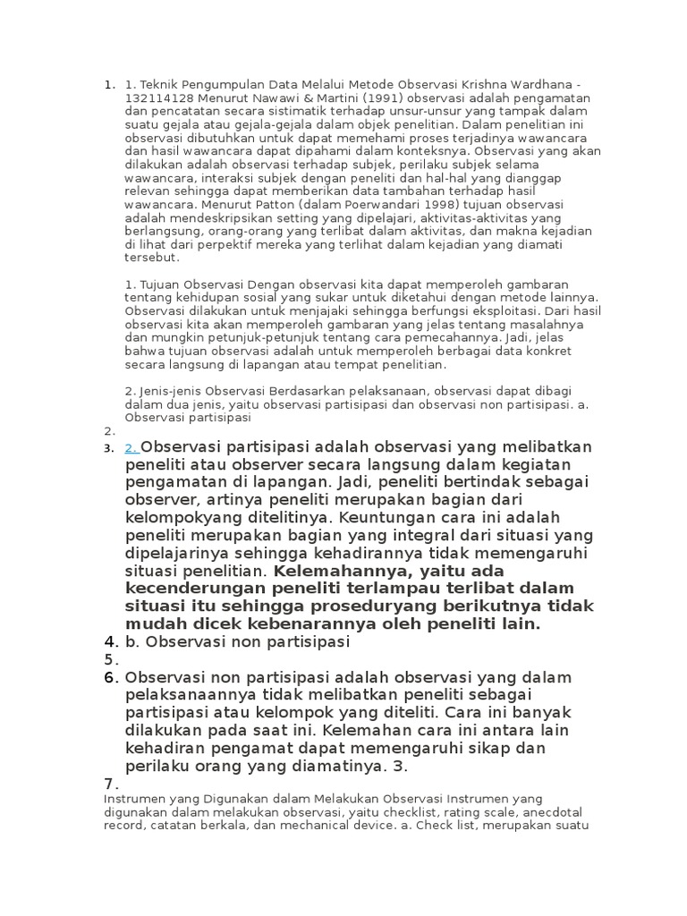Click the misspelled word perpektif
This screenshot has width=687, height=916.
[227, 242]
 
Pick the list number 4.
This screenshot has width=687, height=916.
[110, 642]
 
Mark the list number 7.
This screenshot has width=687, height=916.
[110, 784]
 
